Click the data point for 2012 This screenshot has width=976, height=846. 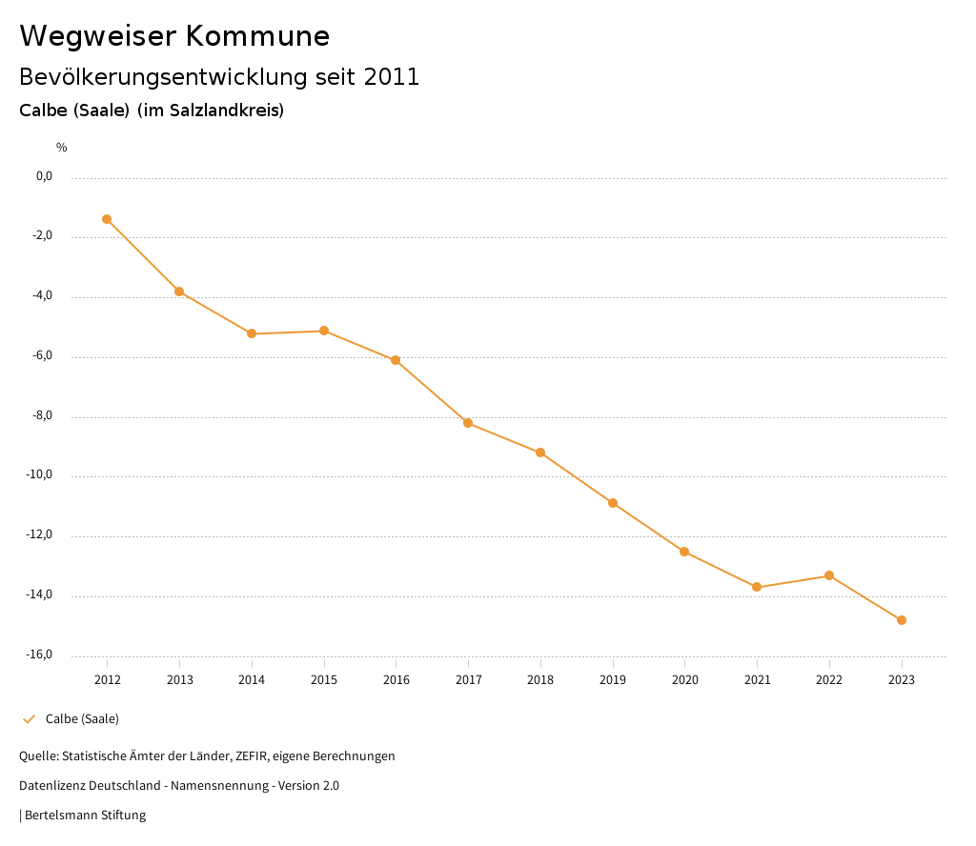click(107, 219)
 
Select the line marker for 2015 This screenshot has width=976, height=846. click(324, 331)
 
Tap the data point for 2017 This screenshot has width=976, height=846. click(468, 423)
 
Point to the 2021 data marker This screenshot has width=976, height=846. click(757, 587)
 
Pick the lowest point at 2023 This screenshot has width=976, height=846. click(902, 620)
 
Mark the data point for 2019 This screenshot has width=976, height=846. click(613, 503)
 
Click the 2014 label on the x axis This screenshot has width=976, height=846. click(252, 680)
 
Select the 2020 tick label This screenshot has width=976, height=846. click(684, 680)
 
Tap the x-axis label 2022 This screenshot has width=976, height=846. click(829, 680)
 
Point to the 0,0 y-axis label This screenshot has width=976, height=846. click(44, 176)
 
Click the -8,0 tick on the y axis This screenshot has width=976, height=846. click(42, 415)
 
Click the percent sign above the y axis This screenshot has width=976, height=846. click(62, 148)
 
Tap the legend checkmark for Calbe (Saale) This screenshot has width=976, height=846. click(29, 719)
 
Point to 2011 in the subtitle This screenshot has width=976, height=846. click(392, 77)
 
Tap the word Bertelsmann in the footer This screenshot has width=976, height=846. click(63, 816)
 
